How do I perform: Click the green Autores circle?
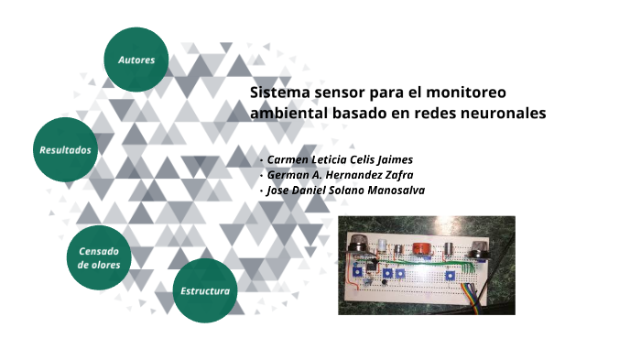point(136,60)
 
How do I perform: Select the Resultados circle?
point(66,148)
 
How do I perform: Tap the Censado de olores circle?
point(99,257)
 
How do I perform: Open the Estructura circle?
point(205,290)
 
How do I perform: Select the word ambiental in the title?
point(284,114)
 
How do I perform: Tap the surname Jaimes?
point(389,159)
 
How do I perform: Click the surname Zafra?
point(393,175)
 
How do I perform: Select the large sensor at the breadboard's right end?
point(478,247)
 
